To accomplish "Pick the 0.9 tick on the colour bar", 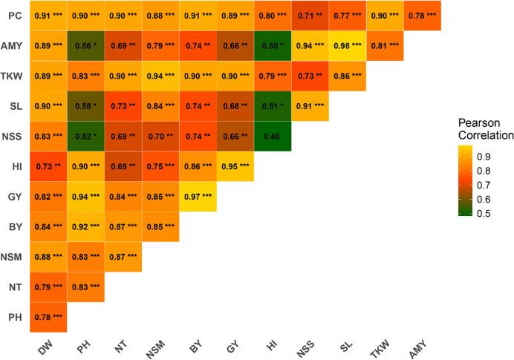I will click(484, 157).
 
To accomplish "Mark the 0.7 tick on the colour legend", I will click(484, 186).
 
